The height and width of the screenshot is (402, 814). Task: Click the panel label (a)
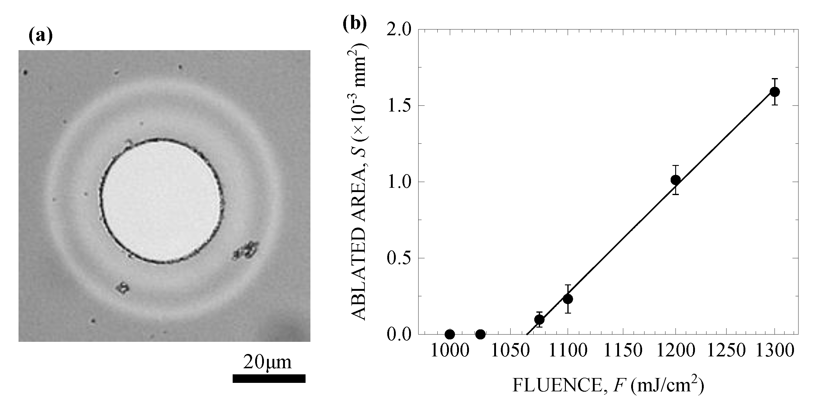click(x=40, y=36)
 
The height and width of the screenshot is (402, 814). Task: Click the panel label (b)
click(x=355, y=23)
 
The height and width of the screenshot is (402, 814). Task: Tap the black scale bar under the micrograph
click(x=269, y=378)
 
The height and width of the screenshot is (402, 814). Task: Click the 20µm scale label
click(x=267, y=362)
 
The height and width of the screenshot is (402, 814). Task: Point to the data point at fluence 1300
click(x=775, y=92)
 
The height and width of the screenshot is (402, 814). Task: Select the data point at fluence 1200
click(x=675, y=180)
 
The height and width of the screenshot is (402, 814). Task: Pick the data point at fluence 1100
click(x=568, y=299)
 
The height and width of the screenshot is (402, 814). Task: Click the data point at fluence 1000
click(x=450, y=334)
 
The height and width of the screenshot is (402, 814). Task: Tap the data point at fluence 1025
click(x=480, y=334)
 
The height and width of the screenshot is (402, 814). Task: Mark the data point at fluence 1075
click(x=539, y=320)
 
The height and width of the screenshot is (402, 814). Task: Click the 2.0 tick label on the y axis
click(x=399, y=29)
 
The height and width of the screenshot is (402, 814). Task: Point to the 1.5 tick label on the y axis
click(x=399, y=105)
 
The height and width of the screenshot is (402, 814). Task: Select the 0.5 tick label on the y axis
click(x=399, y=258)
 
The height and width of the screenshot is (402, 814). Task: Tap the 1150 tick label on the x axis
click(x=623, y=351)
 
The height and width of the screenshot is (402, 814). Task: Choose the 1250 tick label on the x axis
click(x=726, y=351)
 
